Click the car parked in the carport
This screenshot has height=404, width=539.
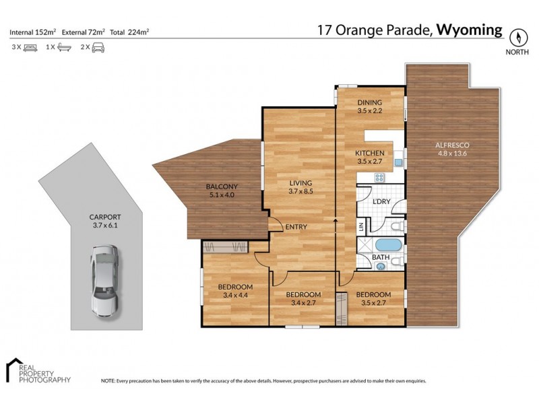tap(104, 280)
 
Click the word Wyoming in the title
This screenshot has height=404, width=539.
tap(470, 30)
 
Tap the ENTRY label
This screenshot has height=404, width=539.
tap(296, 227)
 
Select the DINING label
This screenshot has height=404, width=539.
tap(369, 102)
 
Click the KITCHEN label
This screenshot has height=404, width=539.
tap(370, 153)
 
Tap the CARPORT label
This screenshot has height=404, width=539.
tap(105, 217)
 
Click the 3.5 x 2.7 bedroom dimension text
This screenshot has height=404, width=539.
tap(373, 304)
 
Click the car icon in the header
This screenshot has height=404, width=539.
tap(98, 48)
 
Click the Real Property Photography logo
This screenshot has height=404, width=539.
tap(38, 372)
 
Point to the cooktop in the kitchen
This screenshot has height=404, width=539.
tap(379, 178)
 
